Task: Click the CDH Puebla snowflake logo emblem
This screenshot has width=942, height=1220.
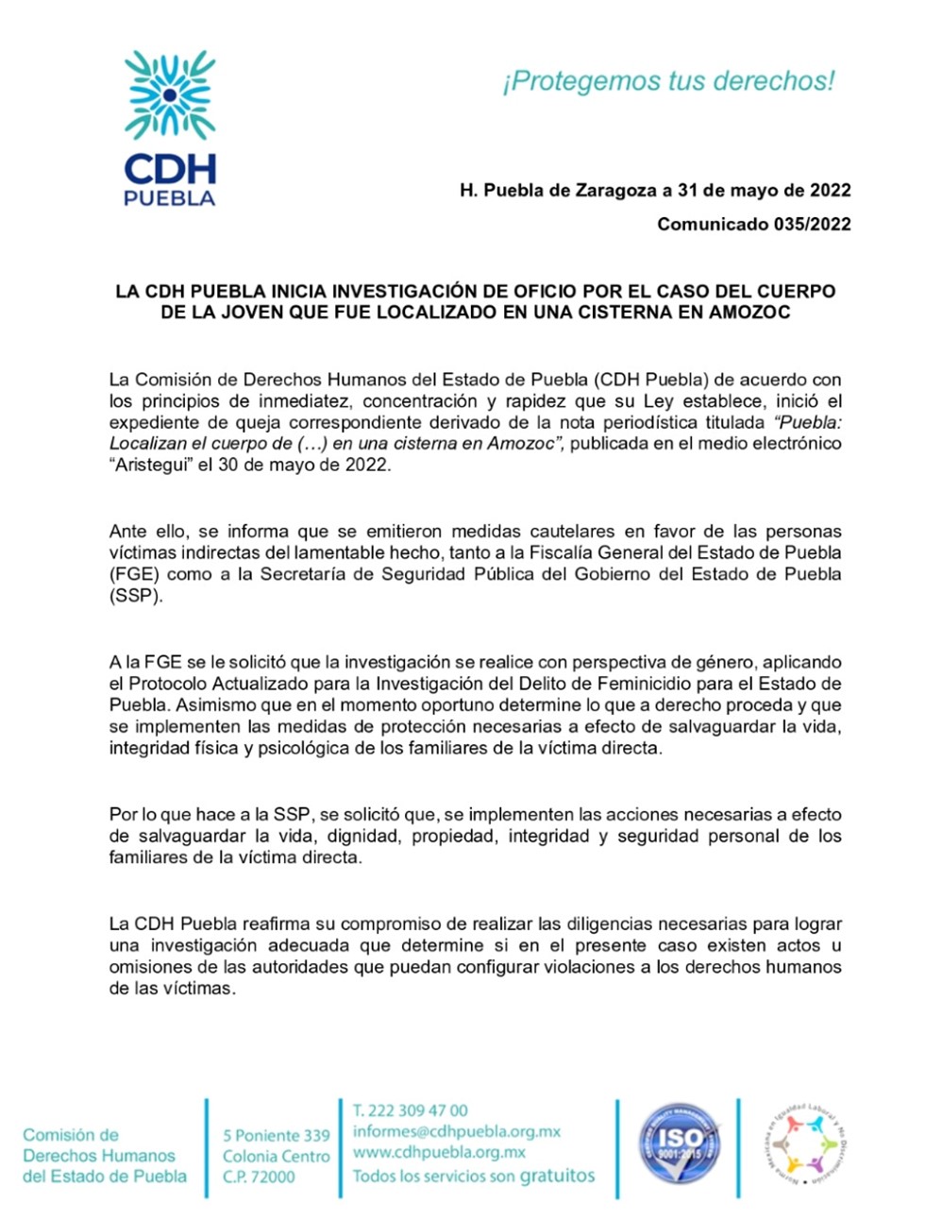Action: pyautogui.click(x=170, y=94)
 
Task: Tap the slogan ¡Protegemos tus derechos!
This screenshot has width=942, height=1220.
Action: pyautogui.click(x=668, y=81)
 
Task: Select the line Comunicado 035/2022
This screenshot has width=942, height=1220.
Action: pyautogui.click(x=753, y=224)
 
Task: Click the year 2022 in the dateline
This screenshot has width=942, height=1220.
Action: pyautogui.click(x=830, y=190)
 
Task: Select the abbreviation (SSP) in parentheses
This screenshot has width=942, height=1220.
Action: pyautogui.click(x=135, y=596)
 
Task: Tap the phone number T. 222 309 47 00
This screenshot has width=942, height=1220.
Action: pyautogui.click(x=411, y=1110)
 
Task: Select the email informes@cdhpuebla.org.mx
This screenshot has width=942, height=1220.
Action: pyautogui.click(x=457, y=1131)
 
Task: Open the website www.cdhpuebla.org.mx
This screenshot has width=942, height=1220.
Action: pyautogui.click(x=439, y=1152)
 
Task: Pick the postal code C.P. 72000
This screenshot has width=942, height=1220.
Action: pyautogui.click(x=259, y=1177)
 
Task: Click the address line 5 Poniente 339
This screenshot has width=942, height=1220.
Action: pyautogui.click(x=277, y=1135)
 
